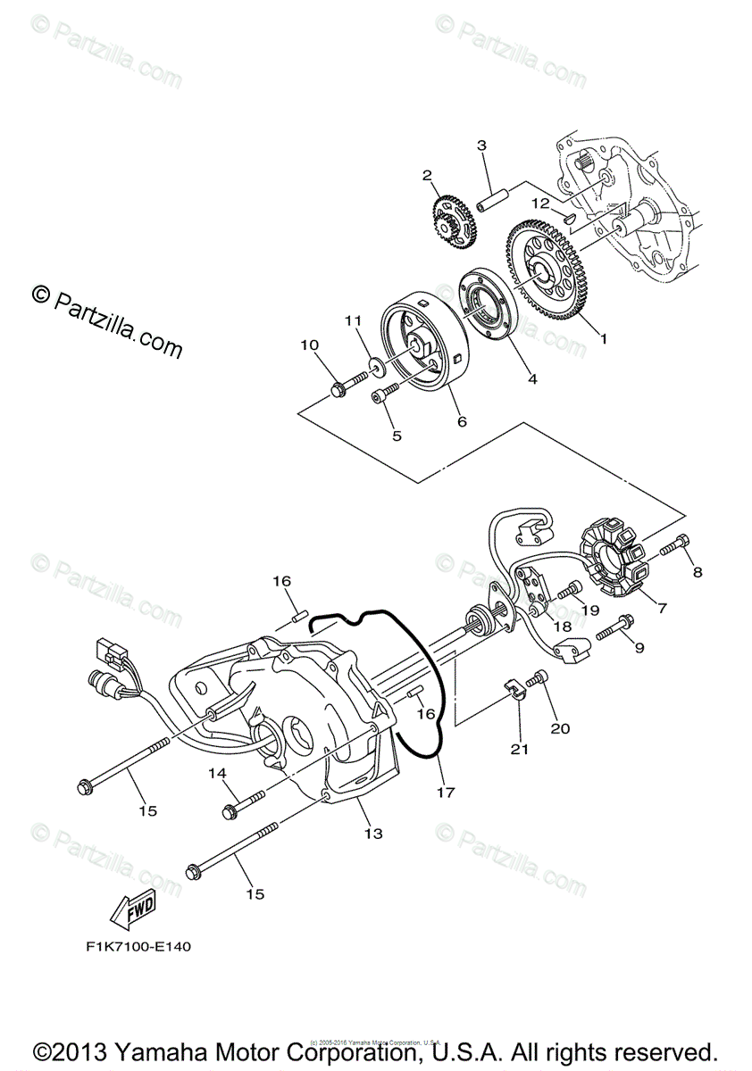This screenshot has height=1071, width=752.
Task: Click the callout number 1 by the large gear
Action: (x=604, y=339)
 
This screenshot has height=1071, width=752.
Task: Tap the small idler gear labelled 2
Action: (x=453, y=219)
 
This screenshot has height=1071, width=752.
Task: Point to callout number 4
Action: (x=532, y=379)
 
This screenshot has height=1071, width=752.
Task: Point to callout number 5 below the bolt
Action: (x=397, y=436)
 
